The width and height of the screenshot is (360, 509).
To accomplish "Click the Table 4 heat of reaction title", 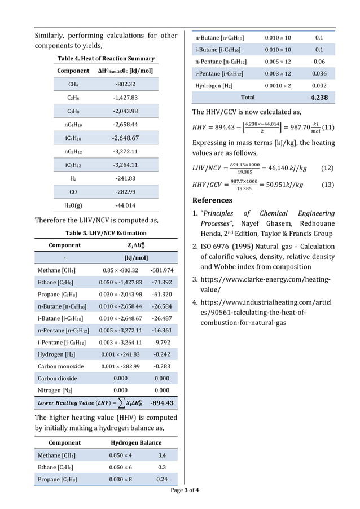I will click(x=106, y=58).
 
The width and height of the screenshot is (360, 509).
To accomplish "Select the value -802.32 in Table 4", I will click(x=125, y=84).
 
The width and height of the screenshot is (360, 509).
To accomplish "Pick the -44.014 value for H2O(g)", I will click(x=125, y=205).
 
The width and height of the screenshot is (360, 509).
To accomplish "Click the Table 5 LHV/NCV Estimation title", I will click(x=106, y=232).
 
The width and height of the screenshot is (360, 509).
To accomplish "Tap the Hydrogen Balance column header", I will click(x=136, y=442).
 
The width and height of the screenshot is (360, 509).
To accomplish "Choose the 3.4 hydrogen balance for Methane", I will click(x=161, y=455).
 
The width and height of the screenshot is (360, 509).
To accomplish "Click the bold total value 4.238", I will click(x=319, y=98).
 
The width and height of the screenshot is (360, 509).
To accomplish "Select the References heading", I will click(x=212, y=200).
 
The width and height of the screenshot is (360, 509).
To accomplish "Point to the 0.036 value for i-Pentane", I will click(x=319, y=73).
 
